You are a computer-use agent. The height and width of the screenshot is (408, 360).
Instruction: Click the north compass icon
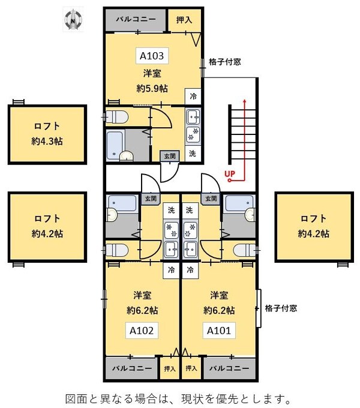(73, 20)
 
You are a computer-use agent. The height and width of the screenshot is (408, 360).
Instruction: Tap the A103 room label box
(152, 56)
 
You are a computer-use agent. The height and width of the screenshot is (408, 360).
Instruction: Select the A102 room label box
(142, 330)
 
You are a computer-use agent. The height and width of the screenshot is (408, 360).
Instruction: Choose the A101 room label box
(219, 330)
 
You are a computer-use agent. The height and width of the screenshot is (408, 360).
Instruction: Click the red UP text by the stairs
(229, 175)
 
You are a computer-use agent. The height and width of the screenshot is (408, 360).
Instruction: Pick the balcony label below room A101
(229, 368)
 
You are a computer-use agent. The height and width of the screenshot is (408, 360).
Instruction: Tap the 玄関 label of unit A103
(169, 156)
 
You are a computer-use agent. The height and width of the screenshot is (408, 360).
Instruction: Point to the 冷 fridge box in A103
(193, 96)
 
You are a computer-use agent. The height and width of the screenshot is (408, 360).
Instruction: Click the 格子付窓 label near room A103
(225, 62)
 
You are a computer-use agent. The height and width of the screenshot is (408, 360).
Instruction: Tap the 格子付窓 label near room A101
(281, 309)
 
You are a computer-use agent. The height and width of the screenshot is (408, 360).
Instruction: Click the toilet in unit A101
(244, 250)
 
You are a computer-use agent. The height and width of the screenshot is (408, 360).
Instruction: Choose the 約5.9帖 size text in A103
(152, 88)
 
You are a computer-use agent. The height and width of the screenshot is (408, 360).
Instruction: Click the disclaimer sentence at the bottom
(179, 398)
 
